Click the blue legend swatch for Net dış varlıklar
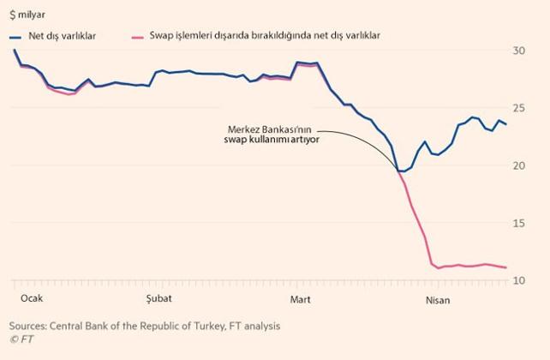pyautogui.click(x=17, y=37)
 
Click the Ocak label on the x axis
pyautogui.click(x=31, y=299)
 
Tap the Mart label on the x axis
pyautogui.click(x=301, y=299)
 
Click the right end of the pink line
pyautogui.click(x=505, y=267)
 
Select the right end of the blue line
pyautogui.click(x=505, y=124)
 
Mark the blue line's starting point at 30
pyautogui.click(x=15, y=50)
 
